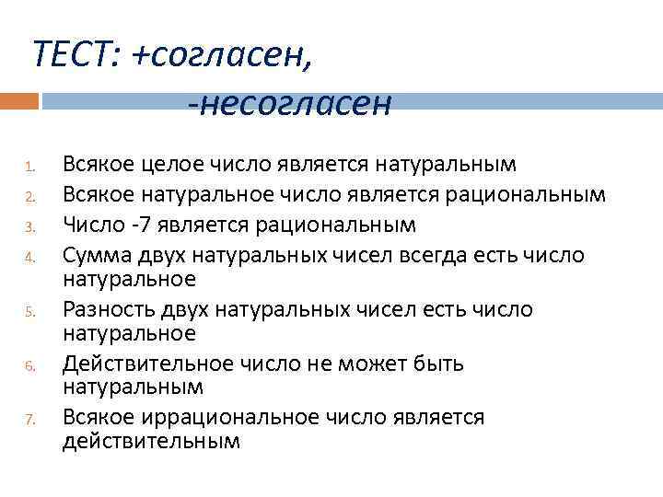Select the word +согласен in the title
(222, 56)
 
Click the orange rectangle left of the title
(19, 100)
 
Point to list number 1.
(29, 168)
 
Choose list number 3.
(29, 226)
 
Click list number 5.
(29, 313)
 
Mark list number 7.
(29, 421)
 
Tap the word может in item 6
(386, 364)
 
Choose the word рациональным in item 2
(527, 194)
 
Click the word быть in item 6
(443, 364)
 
